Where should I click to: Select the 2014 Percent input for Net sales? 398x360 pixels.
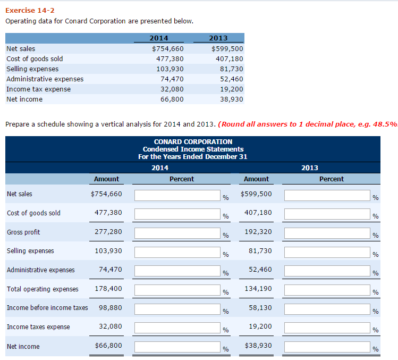(177, 195)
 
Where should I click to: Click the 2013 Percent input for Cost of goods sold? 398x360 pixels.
(327, 214)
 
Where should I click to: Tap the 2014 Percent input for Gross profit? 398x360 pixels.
(177, 233)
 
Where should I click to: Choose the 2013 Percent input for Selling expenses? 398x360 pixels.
(327, 252)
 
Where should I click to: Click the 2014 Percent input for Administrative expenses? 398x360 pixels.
(177, 271)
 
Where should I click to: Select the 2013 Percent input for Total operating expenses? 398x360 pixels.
(327, 290)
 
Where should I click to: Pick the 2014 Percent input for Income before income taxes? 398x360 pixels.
(177, 309)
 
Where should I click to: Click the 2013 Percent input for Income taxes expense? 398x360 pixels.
(327, 328)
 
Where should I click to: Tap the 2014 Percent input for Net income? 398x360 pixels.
(177, 347)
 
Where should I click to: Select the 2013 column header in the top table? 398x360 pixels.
(218, 38)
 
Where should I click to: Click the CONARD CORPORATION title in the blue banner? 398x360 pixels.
(193, 142)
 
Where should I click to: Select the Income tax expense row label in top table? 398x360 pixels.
(38, 89)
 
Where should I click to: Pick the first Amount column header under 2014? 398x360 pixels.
(106, 179)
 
